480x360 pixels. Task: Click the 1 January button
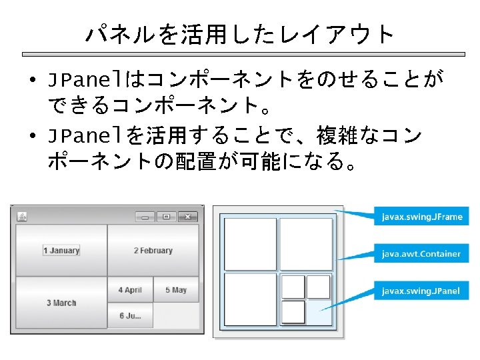click(61, 251)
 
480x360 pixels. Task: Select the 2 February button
click(153, 251)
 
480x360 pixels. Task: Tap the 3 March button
click(61, 303)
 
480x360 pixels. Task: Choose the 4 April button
click(130, 290)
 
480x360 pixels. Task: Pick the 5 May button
click(176, 290)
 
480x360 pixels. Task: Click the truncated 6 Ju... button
click(130, 315)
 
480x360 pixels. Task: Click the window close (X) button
click(188, 216)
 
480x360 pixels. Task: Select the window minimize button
click(145, 216)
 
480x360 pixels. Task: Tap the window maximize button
click(166, 216)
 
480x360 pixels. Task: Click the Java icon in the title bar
click(21, 216)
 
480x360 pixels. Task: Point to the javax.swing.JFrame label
click(421, 217)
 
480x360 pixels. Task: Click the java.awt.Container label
click(421, 253)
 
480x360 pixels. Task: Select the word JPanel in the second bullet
click(86, 137)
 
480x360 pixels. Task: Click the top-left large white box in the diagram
click(251, 244)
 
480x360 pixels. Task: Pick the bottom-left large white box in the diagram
click(251, 299)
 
